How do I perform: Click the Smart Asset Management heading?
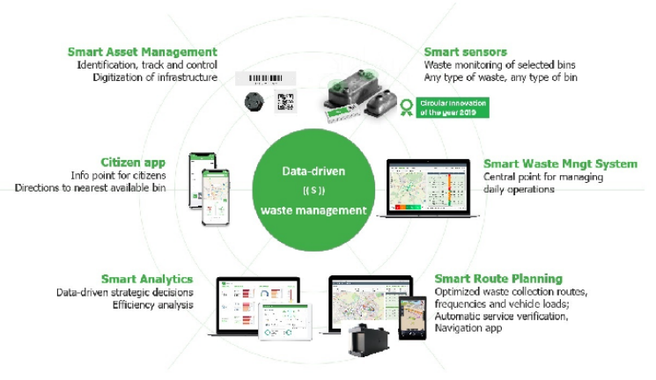coord(143,52)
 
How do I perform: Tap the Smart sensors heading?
coord(466,52)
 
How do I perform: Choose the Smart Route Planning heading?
coord(498,279)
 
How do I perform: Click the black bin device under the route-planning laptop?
coord(368,340)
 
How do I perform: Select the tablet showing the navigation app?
coord(410,316)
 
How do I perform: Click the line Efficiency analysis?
coord(152,304)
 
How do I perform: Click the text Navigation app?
coord(469,328)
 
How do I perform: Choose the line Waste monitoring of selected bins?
coord(493,65)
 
